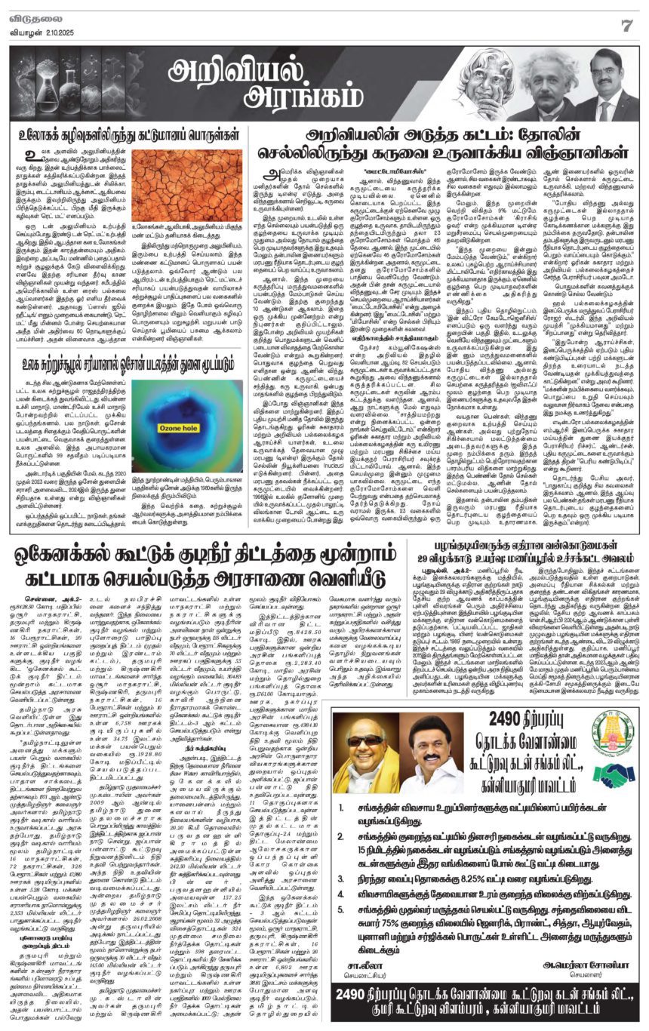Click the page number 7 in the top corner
click(625, 23)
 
